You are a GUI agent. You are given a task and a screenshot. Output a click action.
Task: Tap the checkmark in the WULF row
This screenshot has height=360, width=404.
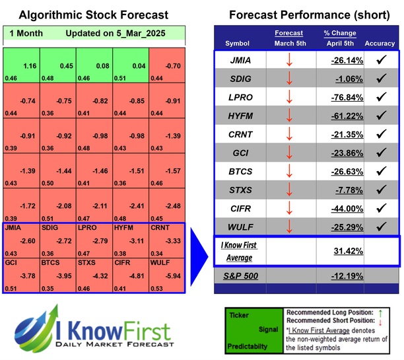pos(381,226)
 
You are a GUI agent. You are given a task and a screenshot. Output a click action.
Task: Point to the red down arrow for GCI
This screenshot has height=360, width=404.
pos(288,153)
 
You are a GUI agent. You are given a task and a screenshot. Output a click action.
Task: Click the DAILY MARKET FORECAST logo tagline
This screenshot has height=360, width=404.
pos(114,344)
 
